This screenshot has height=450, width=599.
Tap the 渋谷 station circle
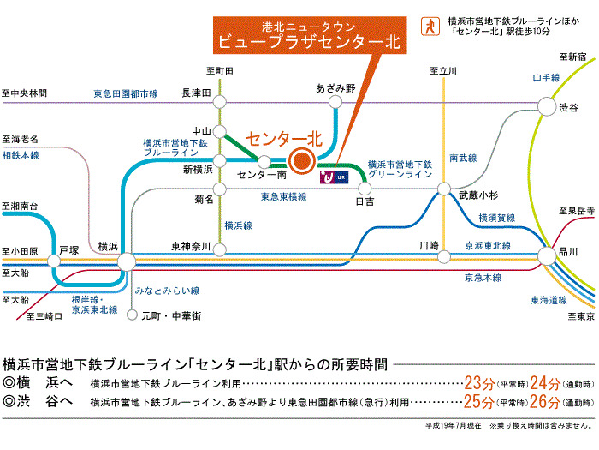(x=545, y=106)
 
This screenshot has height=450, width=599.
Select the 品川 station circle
(x=545, y=255)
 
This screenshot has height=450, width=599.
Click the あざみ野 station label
(x=335, y=87)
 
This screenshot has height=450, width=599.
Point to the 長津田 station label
(x=196, y=93)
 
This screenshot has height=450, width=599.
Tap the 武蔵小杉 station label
(x=477, y=195)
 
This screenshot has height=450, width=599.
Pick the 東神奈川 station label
(x=190, y=245)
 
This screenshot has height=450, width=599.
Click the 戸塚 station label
(x=68, y=251)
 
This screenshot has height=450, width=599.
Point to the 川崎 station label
(x=429, y=246)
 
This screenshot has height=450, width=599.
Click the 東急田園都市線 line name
(x=127, y=93)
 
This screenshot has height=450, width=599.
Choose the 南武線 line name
(x=464, y=158)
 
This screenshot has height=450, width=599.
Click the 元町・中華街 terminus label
(x=170, y=316)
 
